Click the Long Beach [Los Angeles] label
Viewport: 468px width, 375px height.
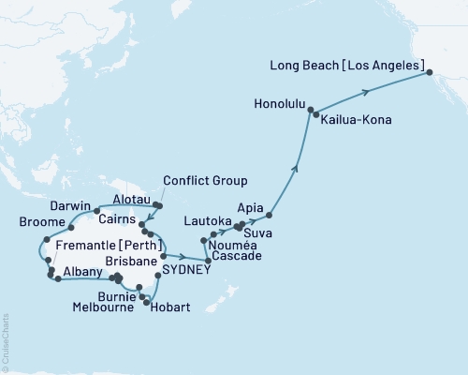(x=345, y=67)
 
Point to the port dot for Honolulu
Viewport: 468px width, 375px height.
(x=311, y=110)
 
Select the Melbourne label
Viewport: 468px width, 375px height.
(x=107, y=307)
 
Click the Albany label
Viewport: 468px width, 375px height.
(x=82, y=270)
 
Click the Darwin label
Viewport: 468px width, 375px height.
(x=71, y=206)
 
